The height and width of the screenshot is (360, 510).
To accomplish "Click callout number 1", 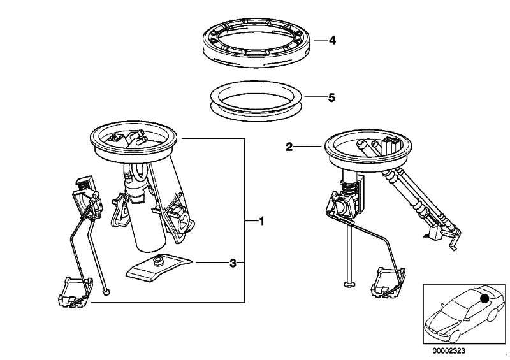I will [261, 220].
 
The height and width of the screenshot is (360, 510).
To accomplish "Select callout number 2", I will [289, 147].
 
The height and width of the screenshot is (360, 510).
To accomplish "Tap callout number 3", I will [233, 262].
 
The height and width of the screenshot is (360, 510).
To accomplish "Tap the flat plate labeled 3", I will [159, 268].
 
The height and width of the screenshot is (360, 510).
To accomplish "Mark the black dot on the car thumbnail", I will [486, 298].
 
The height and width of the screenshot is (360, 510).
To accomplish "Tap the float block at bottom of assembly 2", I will [387, 282].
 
